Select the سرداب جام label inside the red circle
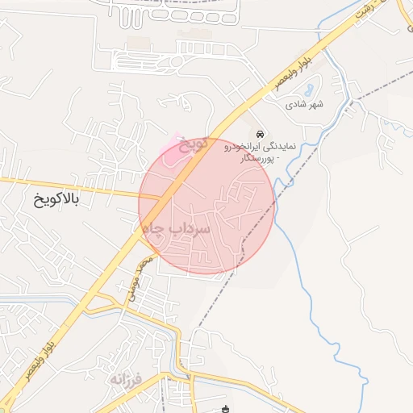click(177, 230)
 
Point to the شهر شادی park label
click(304, 105)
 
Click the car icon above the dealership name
click(259, 133)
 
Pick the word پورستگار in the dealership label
click(259, 160)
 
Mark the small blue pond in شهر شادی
click(312, 84)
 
